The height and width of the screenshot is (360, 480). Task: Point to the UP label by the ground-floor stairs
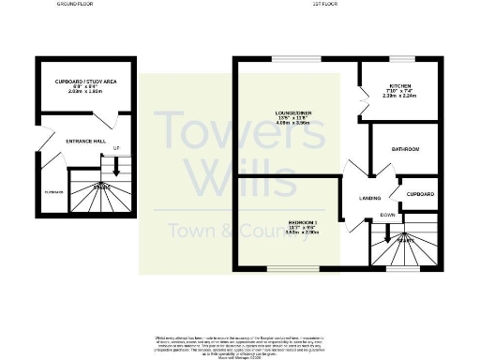[x=115, y=149]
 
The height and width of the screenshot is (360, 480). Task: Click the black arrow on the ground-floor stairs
[x=115, y=169]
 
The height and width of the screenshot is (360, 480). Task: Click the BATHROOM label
[x=405, y=150]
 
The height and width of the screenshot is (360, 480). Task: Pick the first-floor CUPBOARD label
[x=420, y=194]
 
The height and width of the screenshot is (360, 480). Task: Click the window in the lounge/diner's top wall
[x=286, y=59]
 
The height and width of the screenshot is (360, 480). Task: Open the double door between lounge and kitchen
[x=361, y=101]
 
